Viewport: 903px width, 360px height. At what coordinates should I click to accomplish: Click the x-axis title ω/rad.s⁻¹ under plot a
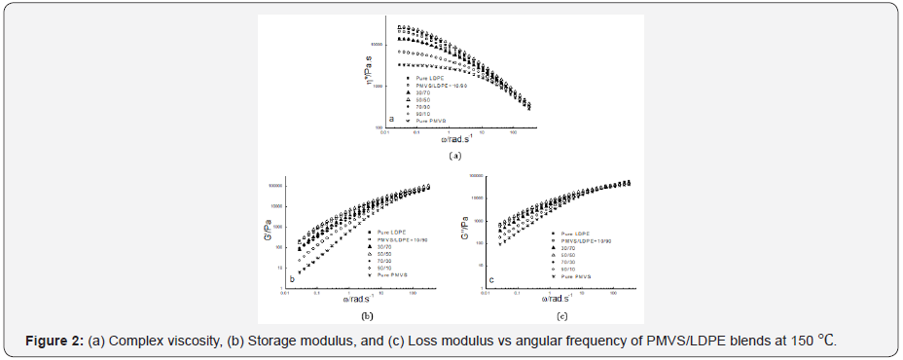click(x=441, y=141)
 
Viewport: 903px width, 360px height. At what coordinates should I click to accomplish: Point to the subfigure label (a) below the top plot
click(x=453, y=155)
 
